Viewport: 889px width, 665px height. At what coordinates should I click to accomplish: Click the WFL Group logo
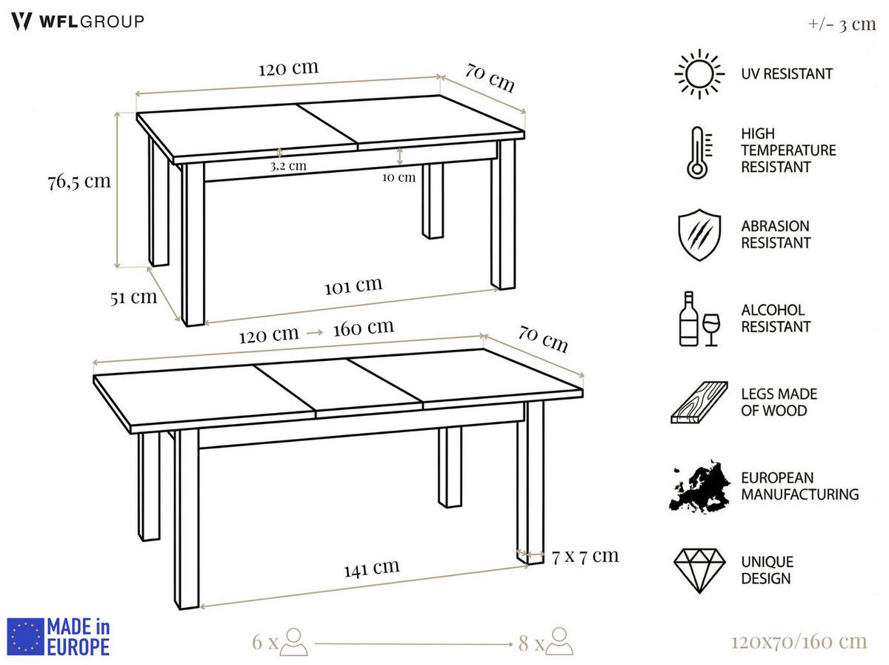pyautogui.click(x=77, y=21)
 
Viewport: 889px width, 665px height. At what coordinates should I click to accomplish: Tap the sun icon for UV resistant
pyautogui.click(x=698, y=73)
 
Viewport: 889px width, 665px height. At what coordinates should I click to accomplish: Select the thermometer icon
pyautogui.click(x=698, y=153)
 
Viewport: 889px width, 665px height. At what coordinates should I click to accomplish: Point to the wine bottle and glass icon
pyautogui.click(x=699, y=319)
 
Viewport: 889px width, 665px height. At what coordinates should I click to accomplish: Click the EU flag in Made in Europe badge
pyautogui.click(x=26, y=637)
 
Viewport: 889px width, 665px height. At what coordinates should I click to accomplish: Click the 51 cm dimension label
pyautogui.click(x=133, y=297)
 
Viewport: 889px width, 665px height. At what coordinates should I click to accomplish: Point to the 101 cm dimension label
pyautogui.click(x=353, y=285)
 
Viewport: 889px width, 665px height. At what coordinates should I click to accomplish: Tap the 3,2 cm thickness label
pyautogui.click(x=287, y=166)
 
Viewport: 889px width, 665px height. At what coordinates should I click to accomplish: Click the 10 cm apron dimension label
pyautogui.click(x=399, y=176)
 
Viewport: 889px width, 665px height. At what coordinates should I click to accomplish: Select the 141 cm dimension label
pyautogui.click(x=371, y=569)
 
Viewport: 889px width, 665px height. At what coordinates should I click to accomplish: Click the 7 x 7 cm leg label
pyautogui.click(x=585, y=555)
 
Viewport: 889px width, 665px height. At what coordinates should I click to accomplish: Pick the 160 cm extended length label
pyautogui.click(x=363, y=327)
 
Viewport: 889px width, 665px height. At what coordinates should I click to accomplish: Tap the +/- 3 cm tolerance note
pyautogui.click(x=842, y=24)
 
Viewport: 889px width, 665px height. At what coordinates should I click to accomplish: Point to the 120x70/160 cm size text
pyautogui.click(x=798, y=641)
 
